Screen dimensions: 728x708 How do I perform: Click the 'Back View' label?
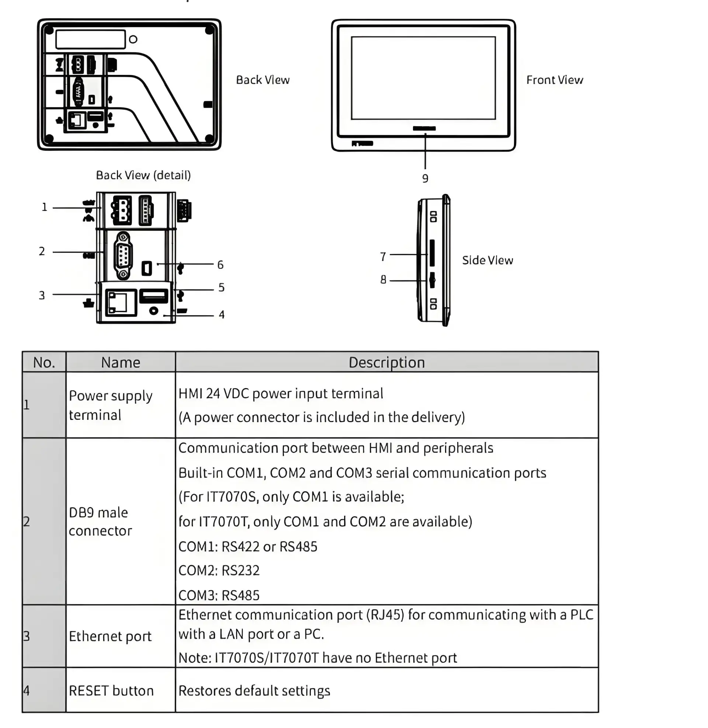click(x=263, y=80)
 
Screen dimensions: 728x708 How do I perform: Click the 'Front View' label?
click(x=555, y=80)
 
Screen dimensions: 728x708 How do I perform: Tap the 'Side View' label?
click(x=487, y=260)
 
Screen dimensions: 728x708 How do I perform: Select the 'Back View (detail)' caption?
click(x=143, y=175)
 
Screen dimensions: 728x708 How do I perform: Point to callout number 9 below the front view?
click(x=425, y=178)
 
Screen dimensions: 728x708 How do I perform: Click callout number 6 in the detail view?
click(x=221, y=265)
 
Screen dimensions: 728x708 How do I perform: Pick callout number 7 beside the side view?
click(x=383, y=257)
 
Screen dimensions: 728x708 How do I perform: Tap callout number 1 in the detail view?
click(x=45, y=207)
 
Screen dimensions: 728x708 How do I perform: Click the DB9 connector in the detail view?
click(x=123, y=256)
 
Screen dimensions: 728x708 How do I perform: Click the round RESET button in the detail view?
click(x=153, y=310)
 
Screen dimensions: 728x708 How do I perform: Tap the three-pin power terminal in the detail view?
click(x=121, y=210)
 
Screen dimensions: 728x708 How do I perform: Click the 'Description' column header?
click(x=386, y=362)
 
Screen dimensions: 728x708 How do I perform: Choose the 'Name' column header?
click(x=121, y=362)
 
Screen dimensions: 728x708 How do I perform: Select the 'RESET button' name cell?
click(x=111, y=690)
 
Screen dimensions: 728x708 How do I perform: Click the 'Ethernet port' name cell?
click(x=110, y=636)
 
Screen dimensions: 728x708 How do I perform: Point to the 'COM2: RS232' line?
click(x=219, y=571)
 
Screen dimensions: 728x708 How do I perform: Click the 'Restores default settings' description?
click(x=254, y=690)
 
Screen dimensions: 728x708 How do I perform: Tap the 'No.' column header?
click(x=44, y=362)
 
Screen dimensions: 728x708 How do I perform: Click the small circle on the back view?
click(x=133, y=39)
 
